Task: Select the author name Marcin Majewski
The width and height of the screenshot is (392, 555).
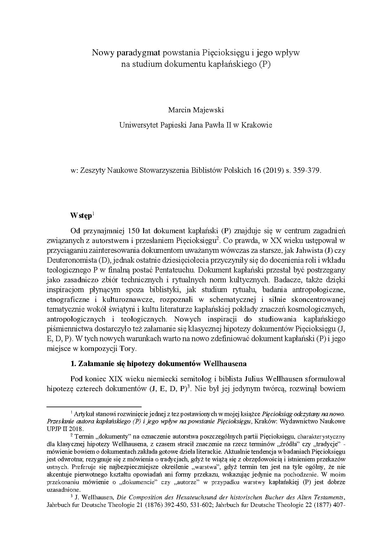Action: [196, 110]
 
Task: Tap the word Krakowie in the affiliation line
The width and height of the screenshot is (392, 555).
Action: [256, 125]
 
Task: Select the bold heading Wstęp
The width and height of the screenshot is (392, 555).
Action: [81, 216]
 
